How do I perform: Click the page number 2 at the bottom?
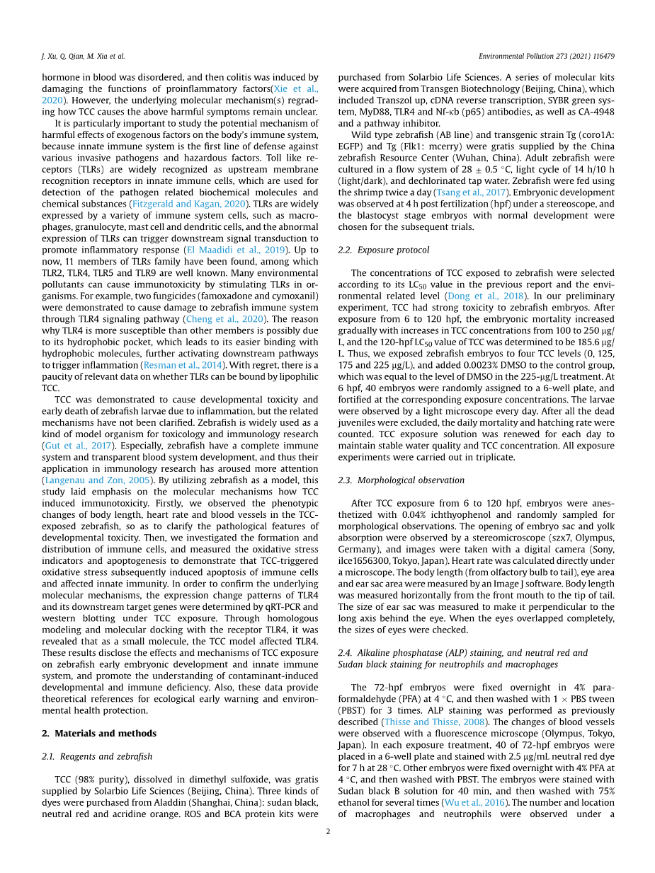click(x=328, y=831)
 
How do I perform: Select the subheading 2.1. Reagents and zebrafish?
click(x=97, y=756)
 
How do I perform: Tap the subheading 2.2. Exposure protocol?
click(x=383, y=250)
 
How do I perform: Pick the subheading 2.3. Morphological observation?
click(x=403, y=480)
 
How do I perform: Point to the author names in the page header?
click(x=83, y=56)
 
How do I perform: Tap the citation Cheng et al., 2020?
click(x=224, y=318)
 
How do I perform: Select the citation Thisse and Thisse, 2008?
click(x=433, y=722)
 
